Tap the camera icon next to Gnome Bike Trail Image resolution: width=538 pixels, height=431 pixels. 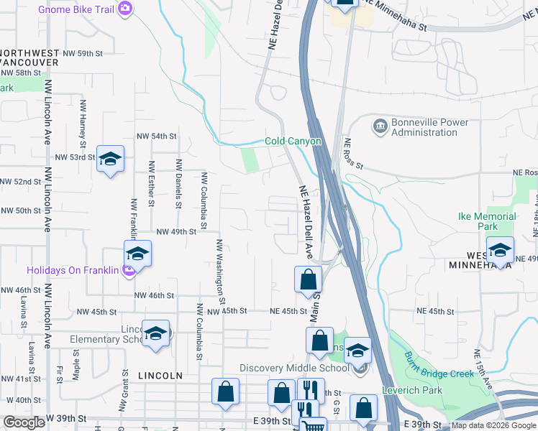pyautogui.click(x=127, y=9)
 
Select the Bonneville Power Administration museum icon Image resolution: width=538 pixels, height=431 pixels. pyautogui.click(x=379, y=127)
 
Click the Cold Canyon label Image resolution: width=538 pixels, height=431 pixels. pyautogui.click(x=293, y=142)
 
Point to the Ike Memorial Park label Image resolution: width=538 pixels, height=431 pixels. pyautogui.click(x=488, y=221)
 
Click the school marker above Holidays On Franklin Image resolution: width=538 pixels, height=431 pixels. pyautogui.click(x=137, y=253)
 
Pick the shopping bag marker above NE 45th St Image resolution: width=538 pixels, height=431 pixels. pyautogui.click(x=308, y=279)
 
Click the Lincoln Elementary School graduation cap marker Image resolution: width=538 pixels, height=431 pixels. pyautogui.click(x=155, y=334)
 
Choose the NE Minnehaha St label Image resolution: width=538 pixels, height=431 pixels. pyautogui.click(x=394, y=14)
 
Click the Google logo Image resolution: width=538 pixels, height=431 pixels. pyautogui.click(x=24, y=422)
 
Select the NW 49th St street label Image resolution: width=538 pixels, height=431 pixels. pyautogui.click(x=175, y=232)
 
